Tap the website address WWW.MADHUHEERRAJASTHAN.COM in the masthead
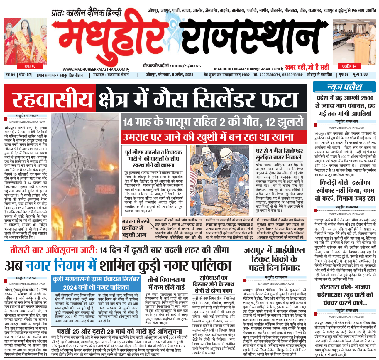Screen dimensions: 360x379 pos(94,69)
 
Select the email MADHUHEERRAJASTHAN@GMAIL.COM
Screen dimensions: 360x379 pos(247,69)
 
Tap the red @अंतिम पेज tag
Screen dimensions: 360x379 pos(351,66)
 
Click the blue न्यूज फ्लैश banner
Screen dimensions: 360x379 pos(344,87)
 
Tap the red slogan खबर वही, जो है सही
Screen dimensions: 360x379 pos(307,67)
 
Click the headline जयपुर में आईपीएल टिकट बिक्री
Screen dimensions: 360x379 pos(274,259)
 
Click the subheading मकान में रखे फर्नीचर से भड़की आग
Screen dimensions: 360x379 pos(136,228)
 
